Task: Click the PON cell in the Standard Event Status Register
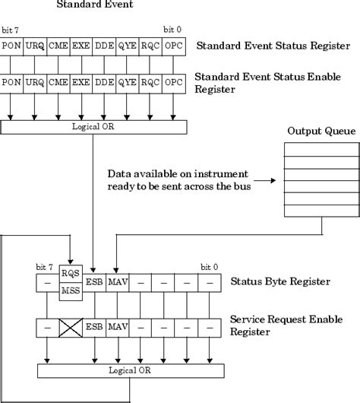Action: (11, 46)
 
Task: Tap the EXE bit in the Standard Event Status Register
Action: (81, 46)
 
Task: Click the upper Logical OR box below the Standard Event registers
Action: (93, 126)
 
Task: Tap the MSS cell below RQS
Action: (71, 290)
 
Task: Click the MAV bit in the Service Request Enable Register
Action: (117, 328)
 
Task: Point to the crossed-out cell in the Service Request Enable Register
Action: (71, 328)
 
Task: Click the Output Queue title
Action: (321, 132)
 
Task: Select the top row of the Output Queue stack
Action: (321, 149)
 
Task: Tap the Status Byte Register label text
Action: (279, 282)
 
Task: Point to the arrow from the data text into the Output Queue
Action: (269, 181)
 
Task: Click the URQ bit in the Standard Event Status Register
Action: (34, 46)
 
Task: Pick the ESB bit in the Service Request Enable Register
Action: (94, 328)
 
